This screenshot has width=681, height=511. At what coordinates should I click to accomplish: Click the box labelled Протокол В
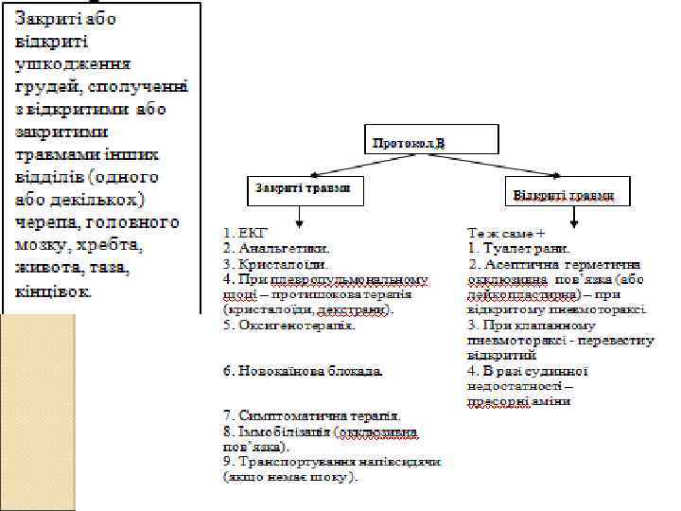click(432, 140)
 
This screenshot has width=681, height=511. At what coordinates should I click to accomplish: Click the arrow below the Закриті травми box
click(299, 216)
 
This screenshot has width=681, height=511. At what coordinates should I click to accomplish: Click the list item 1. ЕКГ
click(247, 231)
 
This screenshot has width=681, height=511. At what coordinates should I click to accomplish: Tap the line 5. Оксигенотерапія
click(289, 325)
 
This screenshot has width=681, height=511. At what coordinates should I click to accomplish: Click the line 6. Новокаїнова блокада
click(304, 371)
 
